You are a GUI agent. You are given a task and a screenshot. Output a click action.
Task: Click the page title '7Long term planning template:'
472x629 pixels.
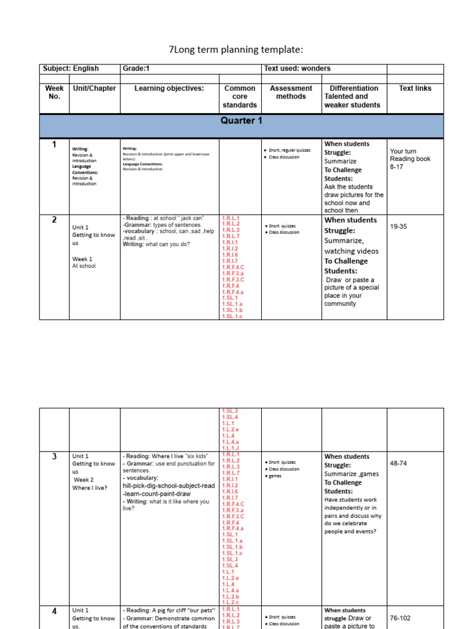tap(236, 50)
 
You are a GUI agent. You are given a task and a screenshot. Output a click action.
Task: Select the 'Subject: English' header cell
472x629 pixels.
tap(70, 69)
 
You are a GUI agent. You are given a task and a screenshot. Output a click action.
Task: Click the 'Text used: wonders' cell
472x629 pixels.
tap(293, 69)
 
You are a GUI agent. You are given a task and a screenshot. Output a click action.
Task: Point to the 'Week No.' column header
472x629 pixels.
tap(55, 92)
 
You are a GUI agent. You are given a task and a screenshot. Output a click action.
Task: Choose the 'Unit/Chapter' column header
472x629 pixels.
tap(95, 88)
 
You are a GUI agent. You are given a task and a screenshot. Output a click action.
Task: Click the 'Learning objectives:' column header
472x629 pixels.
tap(169, 88)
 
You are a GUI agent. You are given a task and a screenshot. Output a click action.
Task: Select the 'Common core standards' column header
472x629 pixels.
tap(240, 96)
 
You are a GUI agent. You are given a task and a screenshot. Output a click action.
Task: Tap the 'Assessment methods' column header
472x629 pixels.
tap(291, 92)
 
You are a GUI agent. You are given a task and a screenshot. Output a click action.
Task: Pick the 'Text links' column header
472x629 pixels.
tap(415, 88)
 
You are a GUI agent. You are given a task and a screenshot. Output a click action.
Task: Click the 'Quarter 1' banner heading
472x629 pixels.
tap(242, 121)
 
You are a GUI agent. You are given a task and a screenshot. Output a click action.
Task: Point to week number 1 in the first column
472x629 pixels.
tap(54, 145)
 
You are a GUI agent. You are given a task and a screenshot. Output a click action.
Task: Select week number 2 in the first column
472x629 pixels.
tap(54, 220)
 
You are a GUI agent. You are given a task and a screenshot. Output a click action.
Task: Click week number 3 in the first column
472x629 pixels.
tap(54, 456)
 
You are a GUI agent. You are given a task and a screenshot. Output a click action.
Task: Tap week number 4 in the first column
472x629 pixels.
tap(54, 611)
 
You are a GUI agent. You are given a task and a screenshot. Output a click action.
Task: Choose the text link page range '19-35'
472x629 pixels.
tap(398, 227)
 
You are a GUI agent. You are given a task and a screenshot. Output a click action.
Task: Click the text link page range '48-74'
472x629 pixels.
tap(398, 463)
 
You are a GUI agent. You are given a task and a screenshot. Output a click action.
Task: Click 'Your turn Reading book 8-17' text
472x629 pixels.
tap(410, 158)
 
